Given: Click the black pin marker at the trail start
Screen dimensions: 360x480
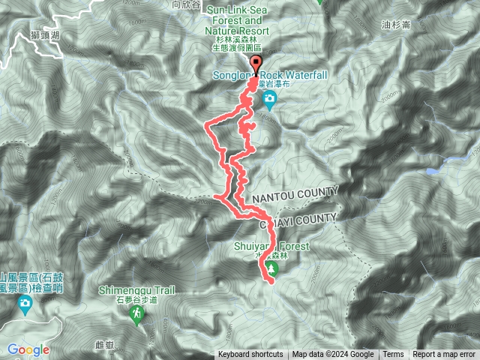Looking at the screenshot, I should click(x=256, y=64).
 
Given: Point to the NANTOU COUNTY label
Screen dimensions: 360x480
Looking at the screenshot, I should click(x=295, y=194).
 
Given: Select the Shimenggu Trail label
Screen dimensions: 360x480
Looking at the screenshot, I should click(x=137, y=290).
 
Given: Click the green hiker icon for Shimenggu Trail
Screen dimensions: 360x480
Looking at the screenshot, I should click(x=137, y=317).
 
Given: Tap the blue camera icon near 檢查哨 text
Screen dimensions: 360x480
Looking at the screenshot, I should click(x=25, y=304).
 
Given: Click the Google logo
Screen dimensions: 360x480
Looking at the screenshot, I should click(x=28, y=349).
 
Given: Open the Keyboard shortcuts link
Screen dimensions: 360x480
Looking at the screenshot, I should click(x=250, y=355).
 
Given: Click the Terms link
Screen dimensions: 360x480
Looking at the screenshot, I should click(x=393, y=355).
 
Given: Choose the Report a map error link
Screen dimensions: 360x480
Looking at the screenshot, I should click(x=445, y=355).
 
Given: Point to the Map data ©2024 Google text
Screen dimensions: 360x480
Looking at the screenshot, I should click(x=333, y=355).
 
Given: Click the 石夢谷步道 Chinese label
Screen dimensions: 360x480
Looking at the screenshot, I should click(x=137, y=300).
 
